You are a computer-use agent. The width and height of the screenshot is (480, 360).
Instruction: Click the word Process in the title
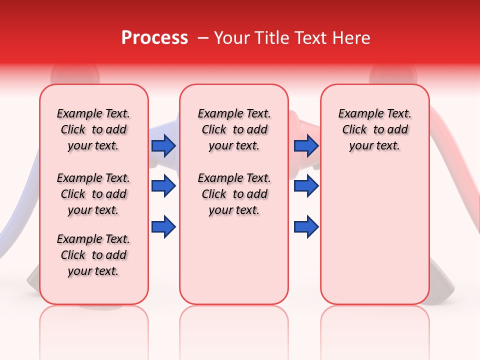154,38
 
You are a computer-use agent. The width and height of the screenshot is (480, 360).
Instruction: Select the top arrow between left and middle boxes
163,145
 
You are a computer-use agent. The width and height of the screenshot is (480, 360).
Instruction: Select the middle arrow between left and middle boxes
163,186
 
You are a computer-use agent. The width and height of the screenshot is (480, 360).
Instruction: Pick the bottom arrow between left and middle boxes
163,227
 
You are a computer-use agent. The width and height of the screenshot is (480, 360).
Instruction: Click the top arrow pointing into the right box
306,145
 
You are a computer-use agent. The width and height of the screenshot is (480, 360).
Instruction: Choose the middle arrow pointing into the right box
306,186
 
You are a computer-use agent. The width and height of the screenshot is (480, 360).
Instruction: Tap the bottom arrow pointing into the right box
306,227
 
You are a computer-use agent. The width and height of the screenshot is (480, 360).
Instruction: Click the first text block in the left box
93,129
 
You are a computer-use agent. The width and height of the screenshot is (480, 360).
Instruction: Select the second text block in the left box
93,194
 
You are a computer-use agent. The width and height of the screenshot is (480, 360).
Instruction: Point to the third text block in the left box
93,255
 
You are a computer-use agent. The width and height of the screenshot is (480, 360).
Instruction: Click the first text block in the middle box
234,129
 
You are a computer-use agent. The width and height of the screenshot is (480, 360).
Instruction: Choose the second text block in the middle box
234,194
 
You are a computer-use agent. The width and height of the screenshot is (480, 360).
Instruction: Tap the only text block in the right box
374,129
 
